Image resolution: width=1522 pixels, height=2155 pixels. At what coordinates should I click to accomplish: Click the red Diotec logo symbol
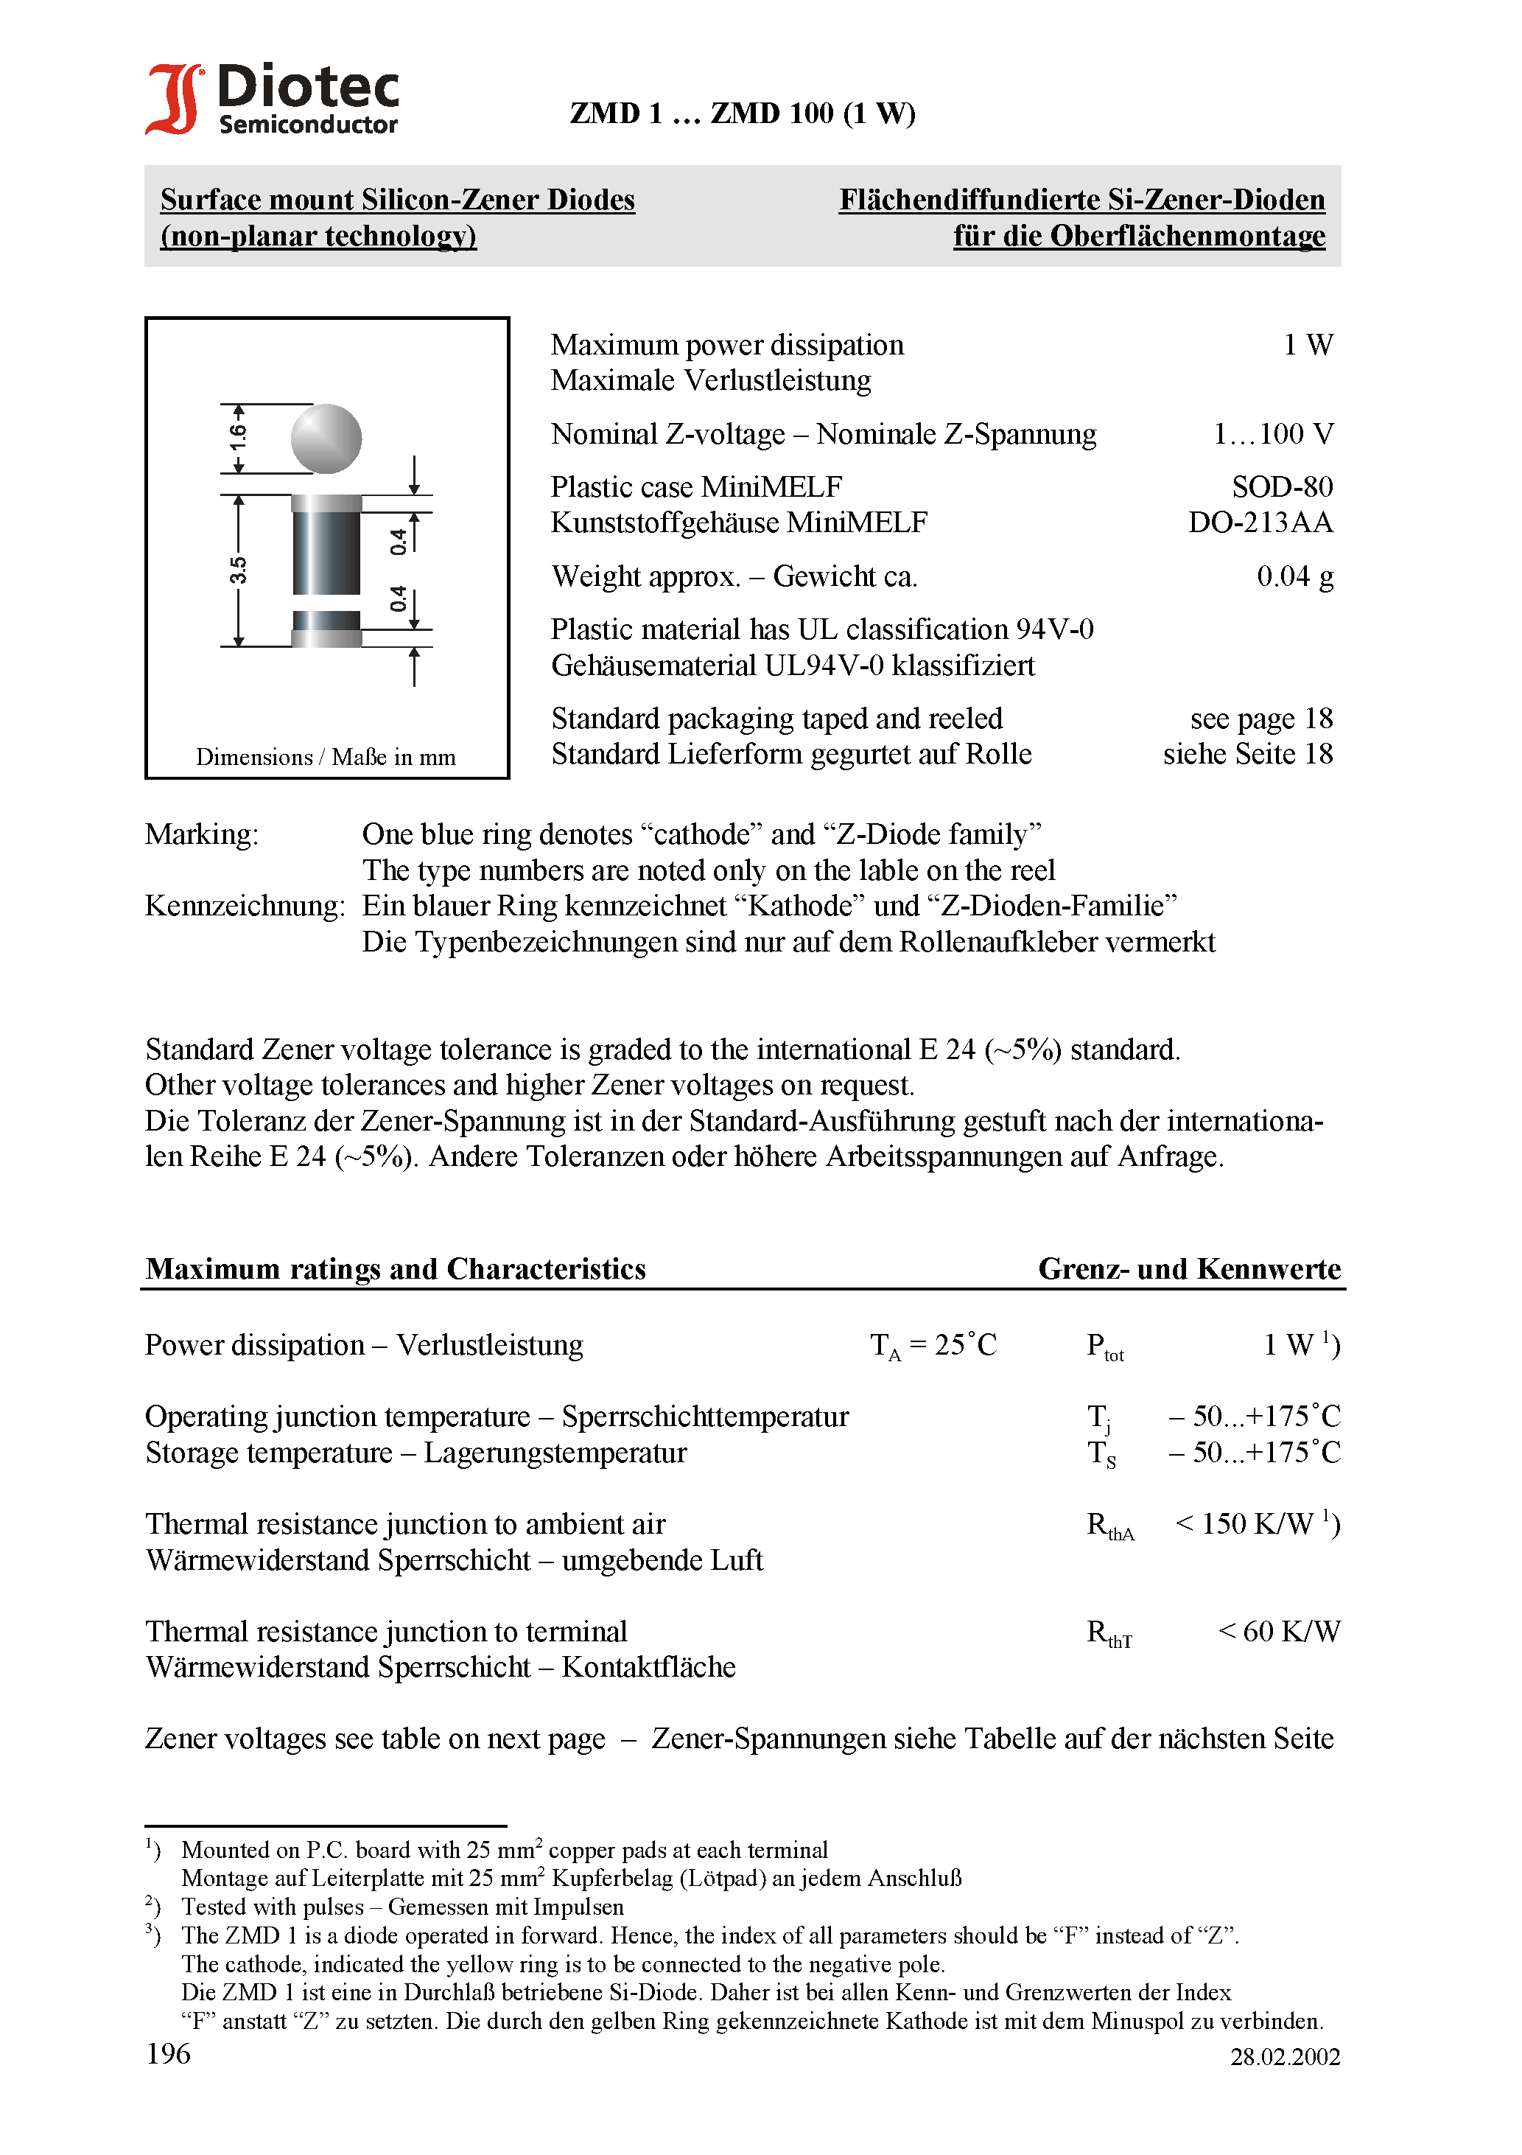(x=174, y=99)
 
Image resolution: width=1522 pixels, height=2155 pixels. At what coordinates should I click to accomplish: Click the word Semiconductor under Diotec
(x=308, y=125)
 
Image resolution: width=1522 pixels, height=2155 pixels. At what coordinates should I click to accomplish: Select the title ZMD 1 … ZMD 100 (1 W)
(x=743, y=113)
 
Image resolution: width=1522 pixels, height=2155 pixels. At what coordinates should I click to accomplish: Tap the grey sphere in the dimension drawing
(x=326, y=439)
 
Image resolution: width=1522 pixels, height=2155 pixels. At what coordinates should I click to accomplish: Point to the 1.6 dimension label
(x=239, y=436)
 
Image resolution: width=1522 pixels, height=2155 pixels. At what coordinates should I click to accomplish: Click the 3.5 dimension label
(x=239, y=570)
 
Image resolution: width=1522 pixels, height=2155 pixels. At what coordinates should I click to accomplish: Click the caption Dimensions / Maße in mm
(x=326, y=758)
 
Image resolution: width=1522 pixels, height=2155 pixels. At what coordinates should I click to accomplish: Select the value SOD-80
(x=1282, y=487)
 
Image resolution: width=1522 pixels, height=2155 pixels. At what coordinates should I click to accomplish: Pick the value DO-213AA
(x=1260, y=523)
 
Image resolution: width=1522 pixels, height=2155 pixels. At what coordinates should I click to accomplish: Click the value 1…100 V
(x=1272, y=435)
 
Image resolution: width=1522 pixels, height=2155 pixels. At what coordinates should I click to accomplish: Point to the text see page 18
(x=1260, y=719)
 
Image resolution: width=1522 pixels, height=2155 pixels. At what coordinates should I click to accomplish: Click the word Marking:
(x=202, y=834)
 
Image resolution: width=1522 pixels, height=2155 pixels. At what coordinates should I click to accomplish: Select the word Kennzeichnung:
(x=245, y=906)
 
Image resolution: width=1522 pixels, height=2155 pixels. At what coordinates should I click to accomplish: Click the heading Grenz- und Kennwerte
(x=1189, y=1269)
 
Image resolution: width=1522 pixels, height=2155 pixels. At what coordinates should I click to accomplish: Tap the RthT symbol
(x=1109, y=1634)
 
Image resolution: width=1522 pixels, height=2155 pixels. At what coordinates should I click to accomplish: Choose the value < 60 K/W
(x=1278, y=1632)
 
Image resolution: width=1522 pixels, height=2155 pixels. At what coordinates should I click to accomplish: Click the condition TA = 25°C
(x=933, y=1346)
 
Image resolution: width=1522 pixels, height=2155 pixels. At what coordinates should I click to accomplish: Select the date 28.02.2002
(x=1285, y=2058)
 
